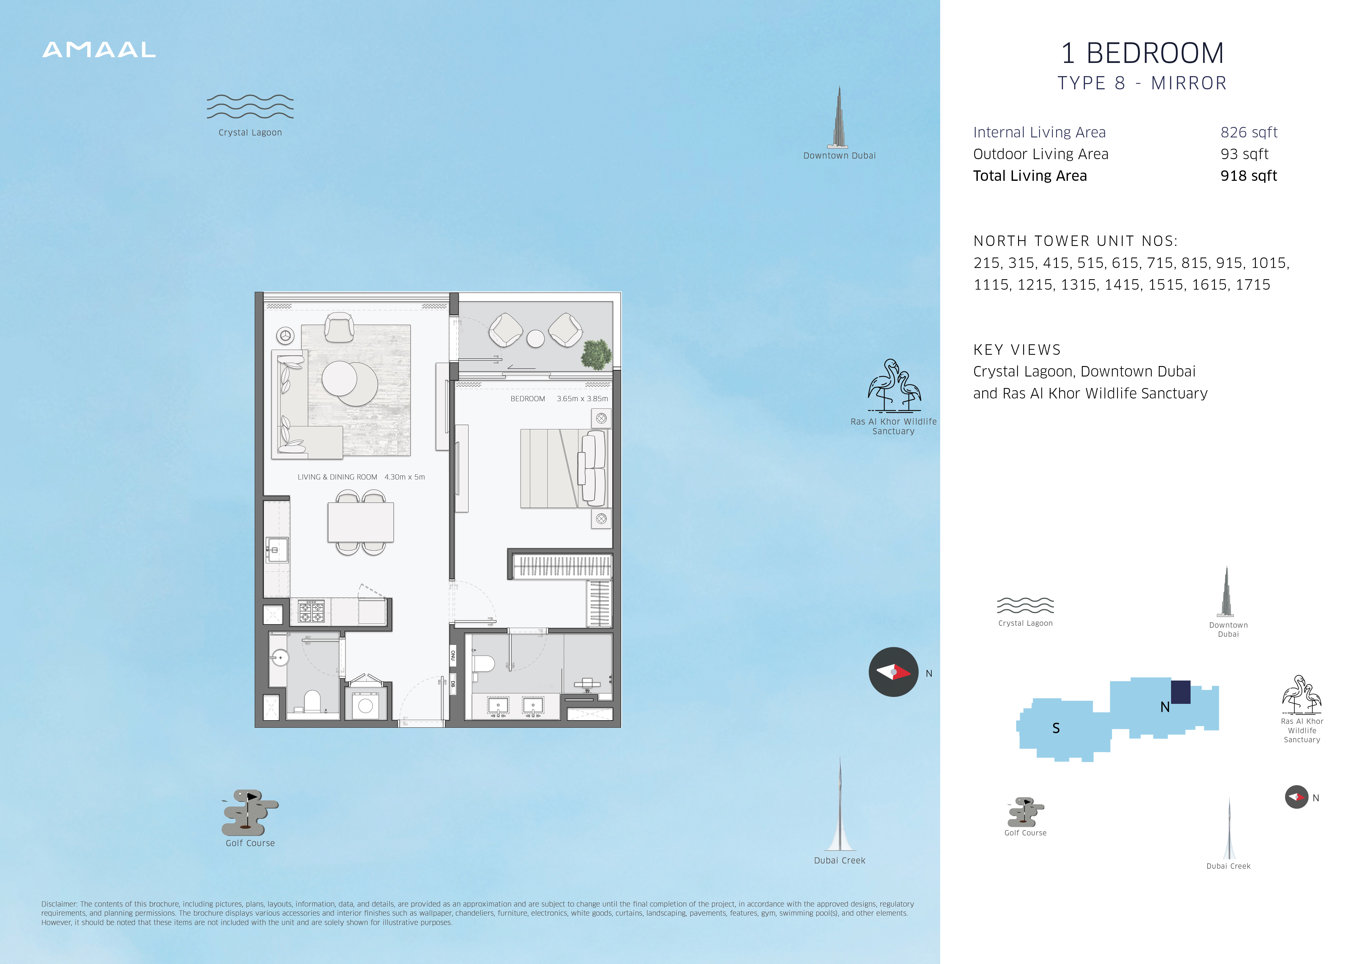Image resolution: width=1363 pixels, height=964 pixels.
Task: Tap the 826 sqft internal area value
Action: (x=1249, y=132)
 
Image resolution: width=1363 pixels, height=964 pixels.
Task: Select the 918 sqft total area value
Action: (x=1248, y=176)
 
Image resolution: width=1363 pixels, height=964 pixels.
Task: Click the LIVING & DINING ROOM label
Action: (x=337, y=477)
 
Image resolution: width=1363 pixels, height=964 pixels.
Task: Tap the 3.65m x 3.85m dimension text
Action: (x=582, y=399)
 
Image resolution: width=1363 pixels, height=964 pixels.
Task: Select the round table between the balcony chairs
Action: (x=535, y=338)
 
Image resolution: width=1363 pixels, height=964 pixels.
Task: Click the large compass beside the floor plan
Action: (x=893, y=672)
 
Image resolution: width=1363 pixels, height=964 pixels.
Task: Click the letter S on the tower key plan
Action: (x=1056, y=728)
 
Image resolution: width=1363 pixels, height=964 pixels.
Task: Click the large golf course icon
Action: (x=250, y=812)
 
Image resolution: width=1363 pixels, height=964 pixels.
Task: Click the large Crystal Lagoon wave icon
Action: (x=250, y=107)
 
